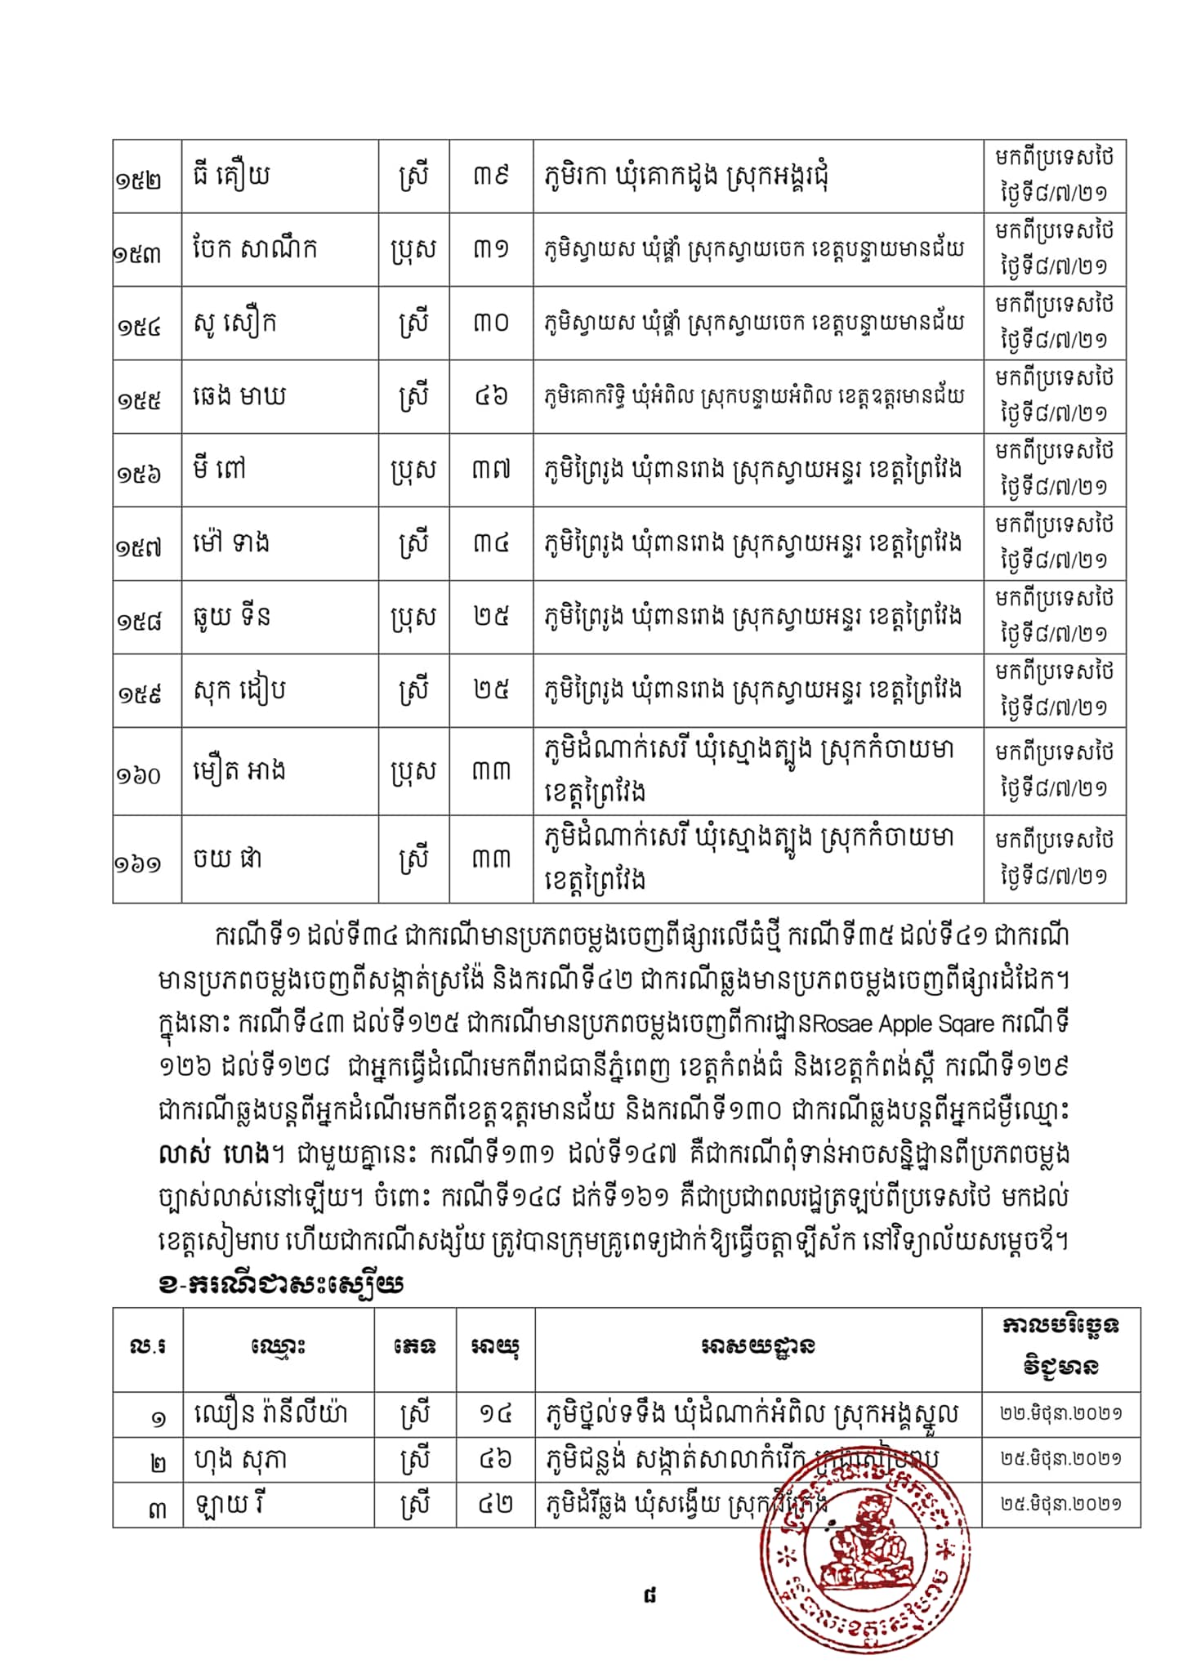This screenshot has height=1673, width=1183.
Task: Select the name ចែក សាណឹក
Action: tap(254, 249)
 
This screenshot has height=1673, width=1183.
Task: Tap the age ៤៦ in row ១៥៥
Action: tap(490, 397)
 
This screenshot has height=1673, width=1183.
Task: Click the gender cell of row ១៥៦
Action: tap(413, 471)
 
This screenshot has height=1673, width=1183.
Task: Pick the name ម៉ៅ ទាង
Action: tap(231, 543)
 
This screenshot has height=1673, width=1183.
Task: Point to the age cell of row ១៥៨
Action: tap(490, 617)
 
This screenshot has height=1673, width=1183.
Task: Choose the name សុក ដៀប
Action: tap(239, 691)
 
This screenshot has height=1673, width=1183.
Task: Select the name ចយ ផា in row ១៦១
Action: tap(227, 859)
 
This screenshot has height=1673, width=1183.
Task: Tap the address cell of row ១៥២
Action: tap(686, 176)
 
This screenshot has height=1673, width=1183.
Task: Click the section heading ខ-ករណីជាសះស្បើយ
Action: tap(280, 1285)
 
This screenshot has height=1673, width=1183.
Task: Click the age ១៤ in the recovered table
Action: tap(494, 1414)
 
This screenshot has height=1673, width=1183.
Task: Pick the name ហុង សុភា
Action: tap(239, 1460)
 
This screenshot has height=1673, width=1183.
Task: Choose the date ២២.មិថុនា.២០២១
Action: tap(1060, 1414)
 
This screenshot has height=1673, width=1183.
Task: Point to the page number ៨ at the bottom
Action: tap(650, 1594)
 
